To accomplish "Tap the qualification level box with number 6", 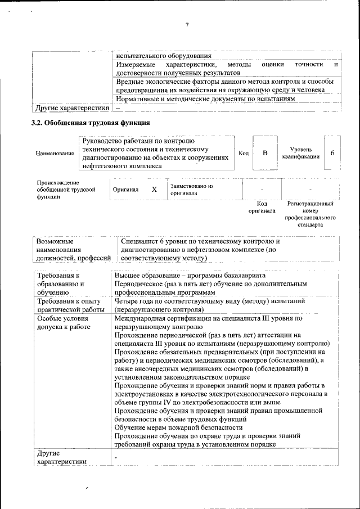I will pos(332,153).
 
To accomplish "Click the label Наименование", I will pos(55,154).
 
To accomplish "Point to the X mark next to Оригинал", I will pos(154,190).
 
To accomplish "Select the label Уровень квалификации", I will pos(301,153).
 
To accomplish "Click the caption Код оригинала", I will pos(262,207).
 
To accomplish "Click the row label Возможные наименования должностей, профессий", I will pos(73,249).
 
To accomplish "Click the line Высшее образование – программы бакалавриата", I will pos(186,276).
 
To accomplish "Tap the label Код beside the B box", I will pos(243,153).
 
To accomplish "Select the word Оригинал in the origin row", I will pos(125,190).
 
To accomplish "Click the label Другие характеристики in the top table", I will pos(72,107).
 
